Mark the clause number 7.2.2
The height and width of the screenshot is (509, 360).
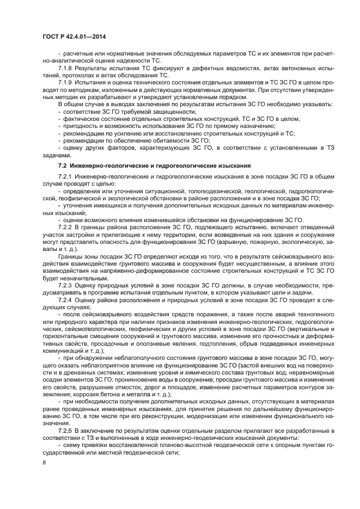[x=66, y=226]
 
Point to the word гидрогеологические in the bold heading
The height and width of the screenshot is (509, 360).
[x=170, y=164]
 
